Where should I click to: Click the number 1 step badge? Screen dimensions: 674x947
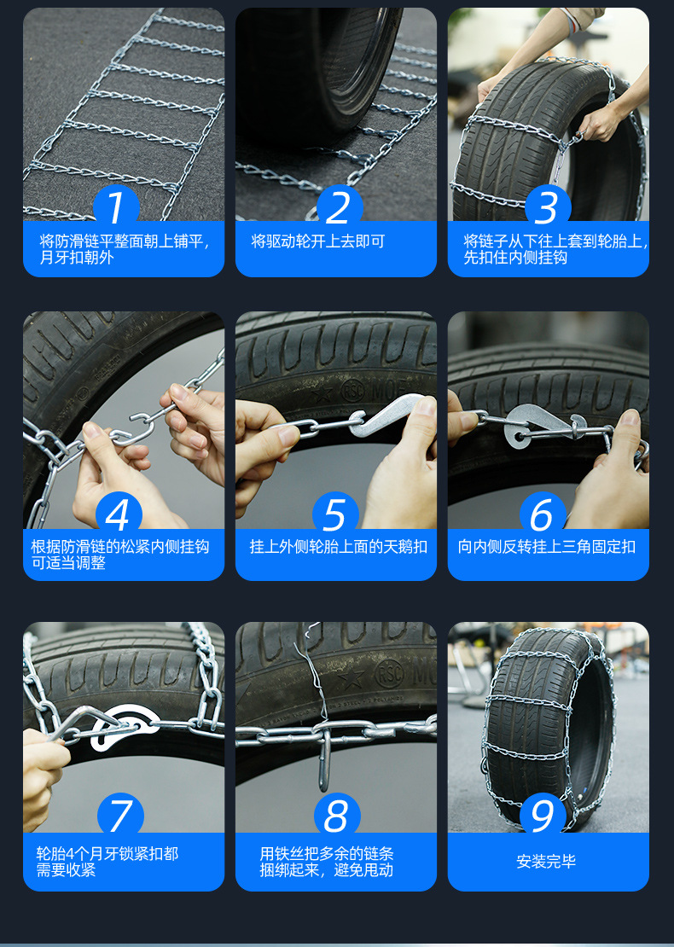[116, 207]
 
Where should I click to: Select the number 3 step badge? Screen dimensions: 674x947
[548, 207]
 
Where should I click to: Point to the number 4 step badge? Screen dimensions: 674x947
[119, 514]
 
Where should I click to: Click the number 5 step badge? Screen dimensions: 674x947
[335, 514]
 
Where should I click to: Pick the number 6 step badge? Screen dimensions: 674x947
[543, 514]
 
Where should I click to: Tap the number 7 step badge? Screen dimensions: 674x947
[120, 816]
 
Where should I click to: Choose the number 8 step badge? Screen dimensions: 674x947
[337, 816]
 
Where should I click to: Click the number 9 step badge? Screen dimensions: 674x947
[543, 816]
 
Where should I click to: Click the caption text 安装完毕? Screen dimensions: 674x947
[546, 861]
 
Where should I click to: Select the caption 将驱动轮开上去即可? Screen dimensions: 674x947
[317, 241]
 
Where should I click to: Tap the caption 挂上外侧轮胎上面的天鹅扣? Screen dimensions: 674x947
[338, 547]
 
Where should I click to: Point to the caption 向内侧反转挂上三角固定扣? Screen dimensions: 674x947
[547, 547]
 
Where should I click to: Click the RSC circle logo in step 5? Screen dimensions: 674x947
[353, 390]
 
